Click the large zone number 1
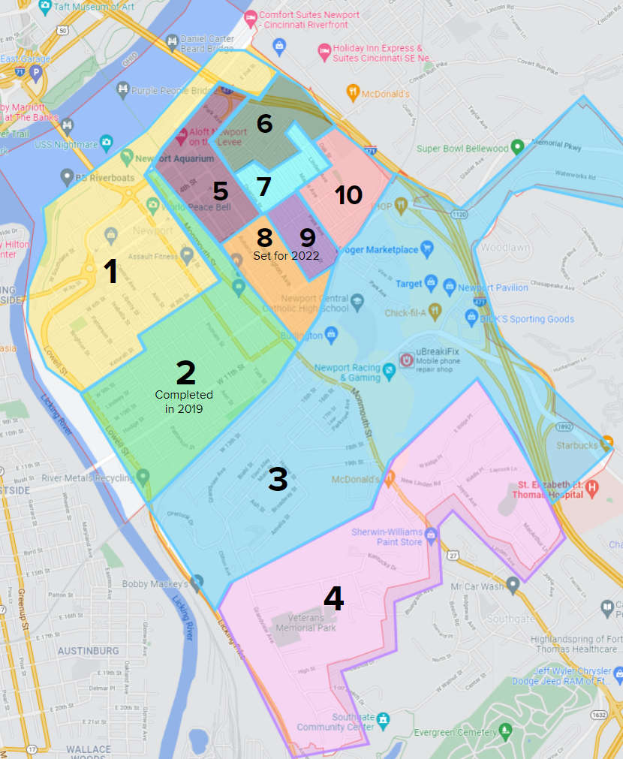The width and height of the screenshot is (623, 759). pos(110,272)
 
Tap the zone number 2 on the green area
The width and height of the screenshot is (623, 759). pos(185,372)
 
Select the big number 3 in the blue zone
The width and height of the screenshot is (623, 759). pos(278,479)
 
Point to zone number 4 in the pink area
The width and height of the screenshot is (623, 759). pos(333,598)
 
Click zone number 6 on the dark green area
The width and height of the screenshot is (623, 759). pos(264,123)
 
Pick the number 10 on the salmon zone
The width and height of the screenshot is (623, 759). pos(348,195)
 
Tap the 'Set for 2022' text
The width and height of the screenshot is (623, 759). pos(286,255)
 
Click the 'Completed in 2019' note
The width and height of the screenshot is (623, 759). pos(184,402)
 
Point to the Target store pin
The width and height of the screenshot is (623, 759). pos(432,282)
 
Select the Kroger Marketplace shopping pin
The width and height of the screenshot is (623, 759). pos(427,248)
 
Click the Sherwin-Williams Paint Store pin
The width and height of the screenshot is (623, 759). pos(431,535)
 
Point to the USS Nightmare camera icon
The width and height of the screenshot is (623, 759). pos(107,141)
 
